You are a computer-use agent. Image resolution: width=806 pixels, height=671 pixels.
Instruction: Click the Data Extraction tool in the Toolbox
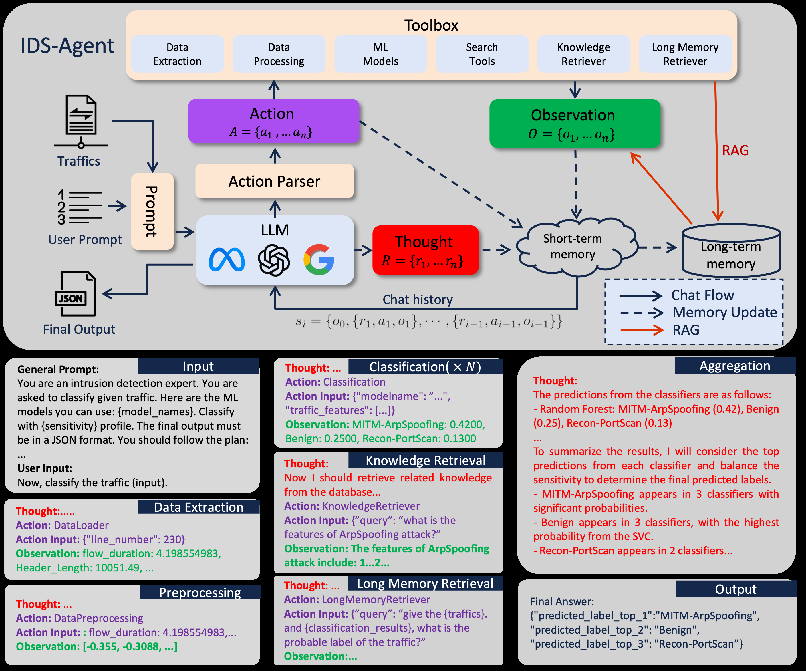click(177, 54)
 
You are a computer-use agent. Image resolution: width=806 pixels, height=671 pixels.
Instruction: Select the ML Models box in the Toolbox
click(380, 54)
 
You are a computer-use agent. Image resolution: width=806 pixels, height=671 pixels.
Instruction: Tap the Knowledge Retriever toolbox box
click(583, 54)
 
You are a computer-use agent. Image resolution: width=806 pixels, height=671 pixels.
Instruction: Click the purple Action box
click(273, 121)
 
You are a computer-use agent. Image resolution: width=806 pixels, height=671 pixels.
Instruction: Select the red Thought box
click(425, 250)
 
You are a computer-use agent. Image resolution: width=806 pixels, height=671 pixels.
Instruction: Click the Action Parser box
click(274, 181)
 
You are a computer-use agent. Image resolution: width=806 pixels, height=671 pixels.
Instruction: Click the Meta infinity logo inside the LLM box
click(227, 260)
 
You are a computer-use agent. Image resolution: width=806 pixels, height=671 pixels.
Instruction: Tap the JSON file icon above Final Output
click(76, 294)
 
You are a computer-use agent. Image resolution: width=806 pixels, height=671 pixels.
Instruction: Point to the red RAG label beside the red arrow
click(735, 150)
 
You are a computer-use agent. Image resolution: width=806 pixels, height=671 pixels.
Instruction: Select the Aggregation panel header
click(734, 366)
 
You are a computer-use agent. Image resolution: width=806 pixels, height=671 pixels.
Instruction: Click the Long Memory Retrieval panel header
click(424, 583)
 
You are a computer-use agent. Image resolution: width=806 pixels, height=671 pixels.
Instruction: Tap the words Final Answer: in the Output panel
click(562, 601)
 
